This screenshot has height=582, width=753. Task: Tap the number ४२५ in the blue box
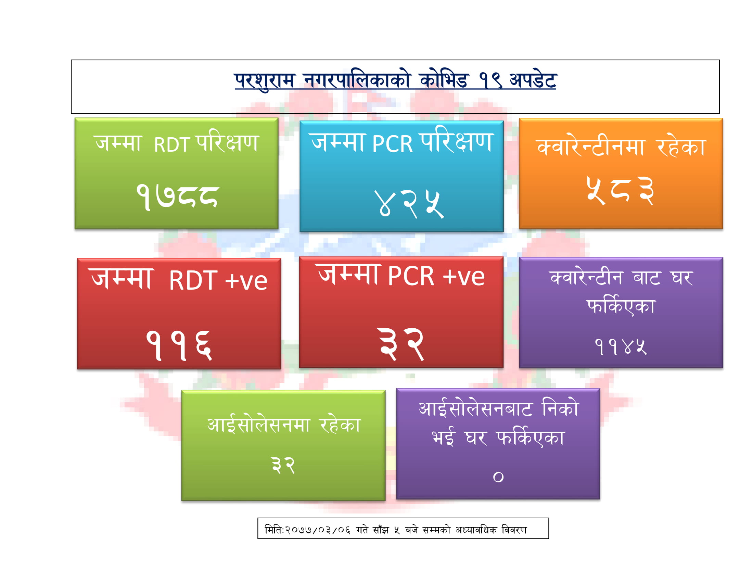[x=409, y=204]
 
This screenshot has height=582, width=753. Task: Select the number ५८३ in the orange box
[x=620, y=191]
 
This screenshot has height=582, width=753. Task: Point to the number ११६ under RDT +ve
[x=179, y=345]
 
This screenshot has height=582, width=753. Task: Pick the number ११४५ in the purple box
[x=621, y=346]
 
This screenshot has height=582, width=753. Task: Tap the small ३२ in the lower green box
[x=283, y=465]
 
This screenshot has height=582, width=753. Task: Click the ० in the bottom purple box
[x=498, y=477]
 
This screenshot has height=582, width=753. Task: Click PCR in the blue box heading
[x=392, y=143]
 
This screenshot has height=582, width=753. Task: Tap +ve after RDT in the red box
[x=246, y=281]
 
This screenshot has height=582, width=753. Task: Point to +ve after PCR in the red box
[x=464, y=277]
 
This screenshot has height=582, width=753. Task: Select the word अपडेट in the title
[x=533, y=80]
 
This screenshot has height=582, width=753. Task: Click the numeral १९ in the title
[x=490, y=81]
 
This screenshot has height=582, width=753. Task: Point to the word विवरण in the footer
[x=514, y=530]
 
